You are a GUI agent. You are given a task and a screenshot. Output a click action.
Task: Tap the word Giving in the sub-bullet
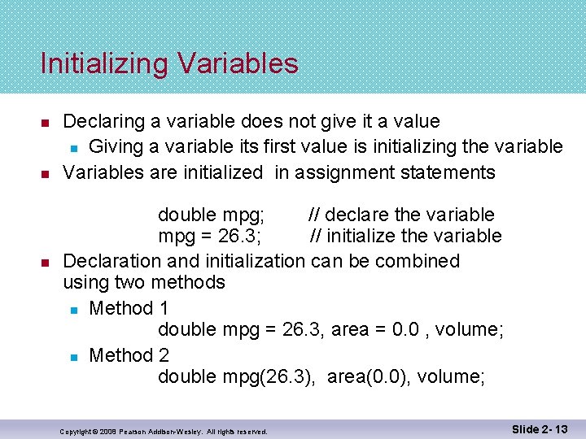[x=114, y=146]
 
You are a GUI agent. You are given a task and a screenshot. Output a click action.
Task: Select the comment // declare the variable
[x=400, y=215]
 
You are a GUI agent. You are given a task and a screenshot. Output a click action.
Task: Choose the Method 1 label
[x=129, y=308]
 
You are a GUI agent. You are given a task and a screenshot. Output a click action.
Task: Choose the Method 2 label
[x=129, y=355]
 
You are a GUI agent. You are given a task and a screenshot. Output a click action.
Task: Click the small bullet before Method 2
[x=72, y=356]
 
